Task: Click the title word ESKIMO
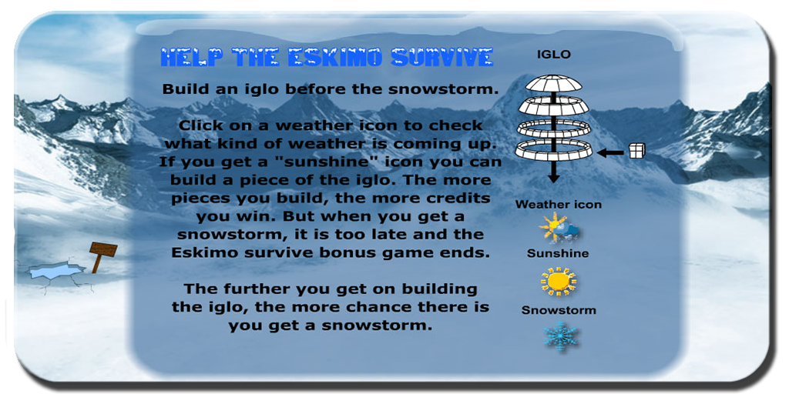coord(337,57)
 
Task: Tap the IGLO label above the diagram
coord(553,55)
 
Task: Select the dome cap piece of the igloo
coord(553,83)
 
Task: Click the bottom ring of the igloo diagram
coord(553,150)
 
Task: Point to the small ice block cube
coord(637,150)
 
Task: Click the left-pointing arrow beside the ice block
coord(610,151)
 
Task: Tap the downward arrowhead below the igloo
coord(553,178)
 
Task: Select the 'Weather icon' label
coord(558,205)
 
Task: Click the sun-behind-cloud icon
coord(559,229)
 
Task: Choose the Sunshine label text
coord(558,253)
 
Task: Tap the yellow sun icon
coord(558,282)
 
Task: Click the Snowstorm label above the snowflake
coord(559,310)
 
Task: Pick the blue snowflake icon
coord(560,336)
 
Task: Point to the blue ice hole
coord(55,270)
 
